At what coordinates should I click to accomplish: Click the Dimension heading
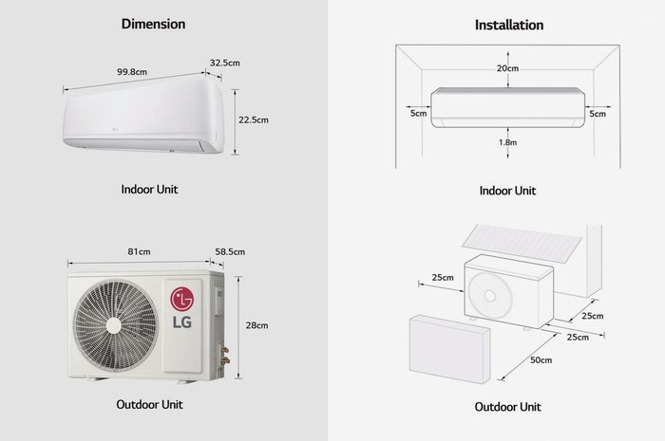(153, 24)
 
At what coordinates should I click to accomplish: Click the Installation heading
(509, 25)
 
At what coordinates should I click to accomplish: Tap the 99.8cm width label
(132, 72)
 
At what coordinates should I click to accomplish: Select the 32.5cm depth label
(225, 63)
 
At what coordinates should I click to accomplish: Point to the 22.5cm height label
(254, 119)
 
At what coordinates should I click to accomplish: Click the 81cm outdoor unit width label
(139, 252)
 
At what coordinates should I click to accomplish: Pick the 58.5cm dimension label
(230, 252)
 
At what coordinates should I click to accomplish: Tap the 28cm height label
(256, 325)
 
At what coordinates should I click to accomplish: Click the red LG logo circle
(182, 299)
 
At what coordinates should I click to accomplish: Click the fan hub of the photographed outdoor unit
(114, 325)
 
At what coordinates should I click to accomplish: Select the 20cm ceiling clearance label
(507, 68)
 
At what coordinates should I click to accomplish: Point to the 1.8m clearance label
(507, 142)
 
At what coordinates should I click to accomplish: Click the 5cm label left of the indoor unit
(418, 114)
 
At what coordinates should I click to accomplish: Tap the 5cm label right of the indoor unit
(598, 114)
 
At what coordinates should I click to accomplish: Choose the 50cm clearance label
(541, 360)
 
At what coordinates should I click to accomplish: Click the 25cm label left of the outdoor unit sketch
(443, 278)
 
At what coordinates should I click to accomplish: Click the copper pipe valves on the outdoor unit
(225, 355)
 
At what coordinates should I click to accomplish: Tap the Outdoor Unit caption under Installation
(507, 407)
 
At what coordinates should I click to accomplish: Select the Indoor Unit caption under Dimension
(149, 189)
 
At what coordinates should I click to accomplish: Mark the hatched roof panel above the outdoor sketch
(522, 243)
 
